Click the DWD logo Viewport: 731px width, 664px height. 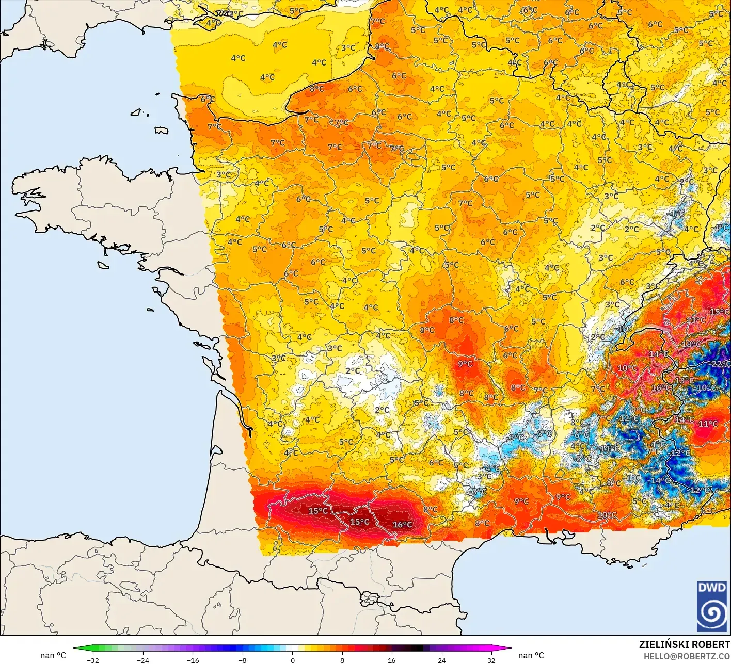pos(712,606)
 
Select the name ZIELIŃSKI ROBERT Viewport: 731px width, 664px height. pos(685,644)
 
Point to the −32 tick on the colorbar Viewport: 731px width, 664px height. pos(93,660)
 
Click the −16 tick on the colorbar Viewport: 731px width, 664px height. pos(193,660)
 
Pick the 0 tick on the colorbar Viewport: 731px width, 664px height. pos(292,660)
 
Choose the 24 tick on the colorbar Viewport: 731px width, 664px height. pos(441,660)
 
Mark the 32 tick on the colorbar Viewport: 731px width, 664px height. pos(491,660)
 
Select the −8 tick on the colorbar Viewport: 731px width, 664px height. pos(243,660)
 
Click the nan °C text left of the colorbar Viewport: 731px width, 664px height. pos(53,655)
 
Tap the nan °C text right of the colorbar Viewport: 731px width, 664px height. pos(531,655)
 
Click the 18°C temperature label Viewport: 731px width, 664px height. pos(691,344)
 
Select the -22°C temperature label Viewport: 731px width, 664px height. pos(720,364)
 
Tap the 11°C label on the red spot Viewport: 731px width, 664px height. pos(708,424)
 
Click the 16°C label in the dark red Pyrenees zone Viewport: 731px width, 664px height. pos(402,525)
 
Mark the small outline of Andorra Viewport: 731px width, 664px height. pos(370,599)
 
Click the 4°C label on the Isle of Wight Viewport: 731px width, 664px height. pos(213,23)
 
